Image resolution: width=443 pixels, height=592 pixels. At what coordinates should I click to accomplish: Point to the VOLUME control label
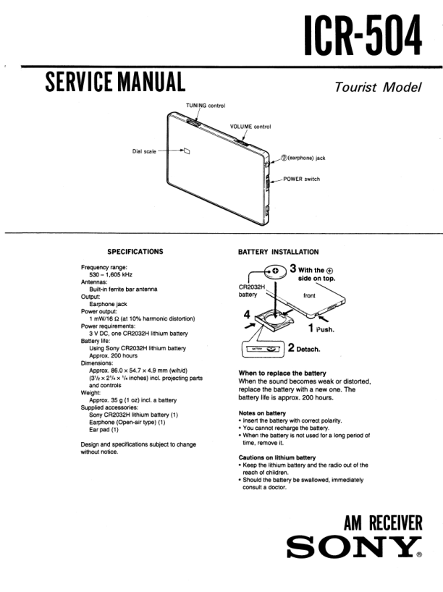250,127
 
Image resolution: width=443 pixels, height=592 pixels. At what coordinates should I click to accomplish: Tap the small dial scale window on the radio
185,152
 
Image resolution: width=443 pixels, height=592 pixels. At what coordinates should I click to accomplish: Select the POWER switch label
301,179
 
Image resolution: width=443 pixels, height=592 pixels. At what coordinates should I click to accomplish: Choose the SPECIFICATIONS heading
135,252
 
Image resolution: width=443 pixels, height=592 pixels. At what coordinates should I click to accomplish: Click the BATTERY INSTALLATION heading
277,252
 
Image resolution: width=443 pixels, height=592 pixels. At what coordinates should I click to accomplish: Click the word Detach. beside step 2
311,348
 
